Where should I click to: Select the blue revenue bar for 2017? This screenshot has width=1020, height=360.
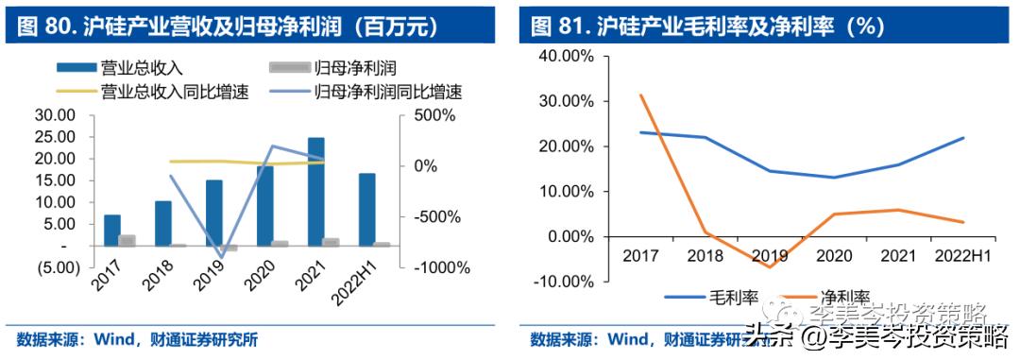(x=111, y=231)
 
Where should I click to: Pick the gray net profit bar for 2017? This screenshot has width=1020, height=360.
(x=127, y=240)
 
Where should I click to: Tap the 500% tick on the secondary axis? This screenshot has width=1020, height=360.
(x=435, y=115)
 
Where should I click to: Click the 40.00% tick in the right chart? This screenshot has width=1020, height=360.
(x=563, y=56)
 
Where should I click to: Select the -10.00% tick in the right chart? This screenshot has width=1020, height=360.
(x=563, y=281)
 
